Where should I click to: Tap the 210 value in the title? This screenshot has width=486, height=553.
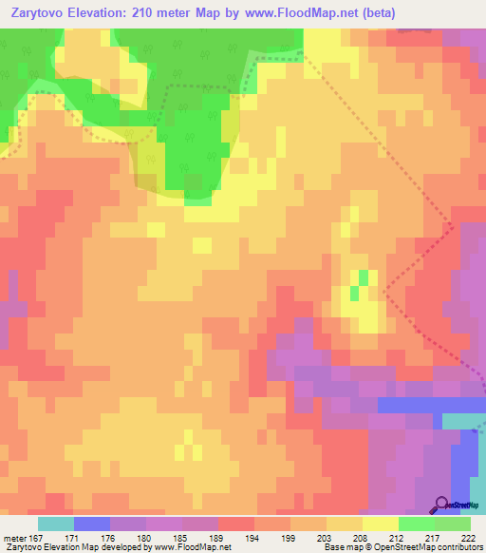(156, 12)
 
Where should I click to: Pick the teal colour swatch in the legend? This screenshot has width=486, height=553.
(56, 524)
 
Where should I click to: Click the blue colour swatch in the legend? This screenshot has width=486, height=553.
(92, 524)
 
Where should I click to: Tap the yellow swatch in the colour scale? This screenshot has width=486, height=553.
(381, 524)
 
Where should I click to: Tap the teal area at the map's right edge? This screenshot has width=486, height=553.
(464, 421)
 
